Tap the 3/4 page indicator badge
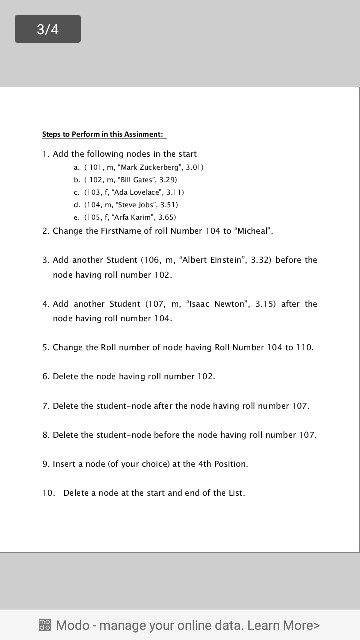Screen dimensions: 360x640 [x=47, y=30]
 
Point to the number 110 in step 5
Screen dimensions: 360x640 [x=303, y=346]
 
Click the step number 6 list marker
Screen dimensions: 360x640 [x=46, y=376]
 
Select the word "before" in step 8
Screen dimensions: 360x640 [x=174, y=435]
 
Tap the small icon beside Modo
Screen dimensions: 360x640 [x=44, y=625]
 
